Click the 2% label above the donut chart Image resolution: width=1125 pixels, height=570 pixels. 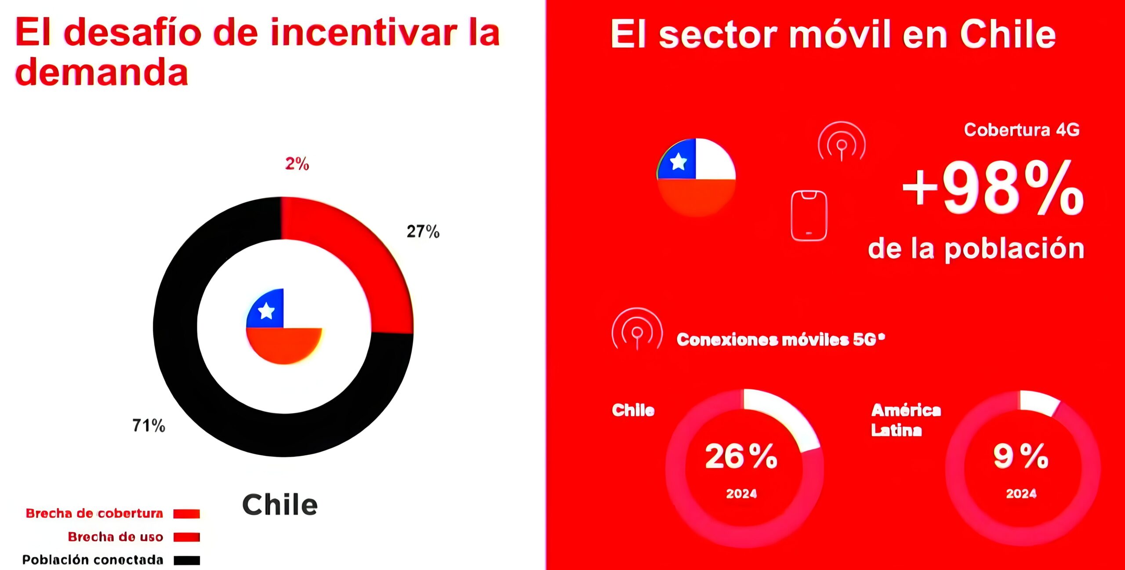tap(297, 163)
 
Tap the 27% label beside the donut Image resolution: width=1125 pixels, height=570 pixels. tap(423, 231)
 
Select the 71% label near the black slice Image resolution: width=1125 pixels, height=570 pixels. tap(149, 425)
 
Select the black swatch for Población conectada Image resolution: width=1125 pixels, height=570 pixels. tap(187, 560)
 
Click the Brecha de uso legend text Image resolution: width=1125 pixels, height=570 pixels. tap(116, 537)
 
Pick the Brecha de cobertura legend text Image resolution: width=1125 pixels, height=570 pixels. tap(94, 513)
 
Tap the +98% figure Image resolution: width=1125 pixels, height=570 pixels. tap(992, 188)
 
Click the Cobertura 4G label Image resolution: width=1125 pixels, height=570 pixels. tap(1021, 130)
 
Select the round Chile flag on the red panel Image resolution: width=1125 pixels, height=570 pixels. tap(697, 177)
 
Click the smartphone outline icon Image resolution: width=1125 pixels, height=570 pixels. tap(809, 215)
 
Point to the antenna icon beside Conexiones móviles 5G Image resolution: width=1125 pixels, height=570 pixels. tap(637, 329)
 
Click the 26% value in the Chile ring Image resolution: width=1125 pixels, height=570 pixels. tap(741, 456)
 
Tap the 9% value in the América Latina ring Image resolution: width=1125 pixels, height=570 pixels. tap(1020, 456)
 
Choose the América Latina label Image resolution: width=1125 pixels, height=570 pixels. tap(905, 420)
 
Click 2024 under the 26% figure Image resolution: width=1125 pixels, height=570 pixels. tap(741, 494)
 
